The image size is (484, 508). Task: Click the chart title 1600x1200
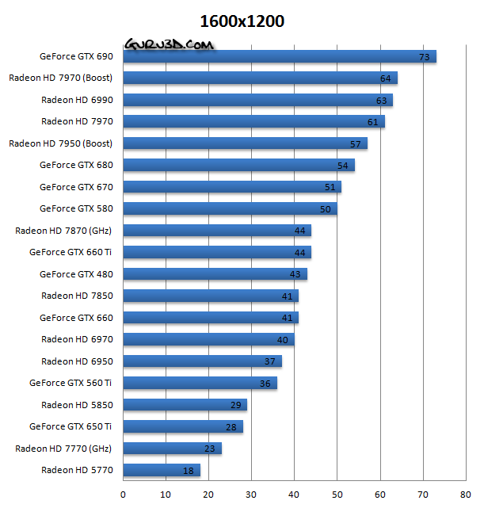click(x=242, y=21)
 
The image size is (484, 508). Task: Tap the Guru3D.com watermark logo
click(x=169, y=45)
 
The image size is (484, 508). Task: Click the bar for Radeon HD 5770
click(x=162, y=470)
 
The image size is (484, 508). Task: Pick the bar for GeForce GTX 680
click(x=238, y=165)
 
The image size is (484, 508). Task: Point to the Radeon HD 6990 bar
click(x=257, y=100)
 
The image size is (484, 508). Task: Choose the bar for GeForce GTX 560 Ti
click(x=200, y=383)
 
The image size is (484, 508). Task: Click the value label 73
click(x=424, y=57)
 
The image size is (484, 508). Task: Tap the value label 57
click(x=356, y=144)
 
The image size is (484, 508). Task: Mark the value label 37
click(x=270, y=361)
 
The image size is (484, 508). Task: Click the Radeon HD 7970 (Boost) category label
click(x=61, y=78)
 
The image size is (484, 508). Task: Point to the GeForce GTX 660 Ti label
click(x=71, y=252)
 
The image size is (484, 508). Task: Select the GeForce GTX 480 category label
click(x=77, y=274)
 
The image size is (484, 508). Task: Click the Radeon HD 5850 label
click(x=78, y=404)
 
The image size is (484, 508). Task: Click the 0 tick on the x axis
click(x=123, y=495)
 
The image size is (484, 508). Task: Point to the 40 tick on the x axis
click(x=294, y=495)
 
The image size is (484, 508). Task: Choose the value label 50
click(x=326, y=209)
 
